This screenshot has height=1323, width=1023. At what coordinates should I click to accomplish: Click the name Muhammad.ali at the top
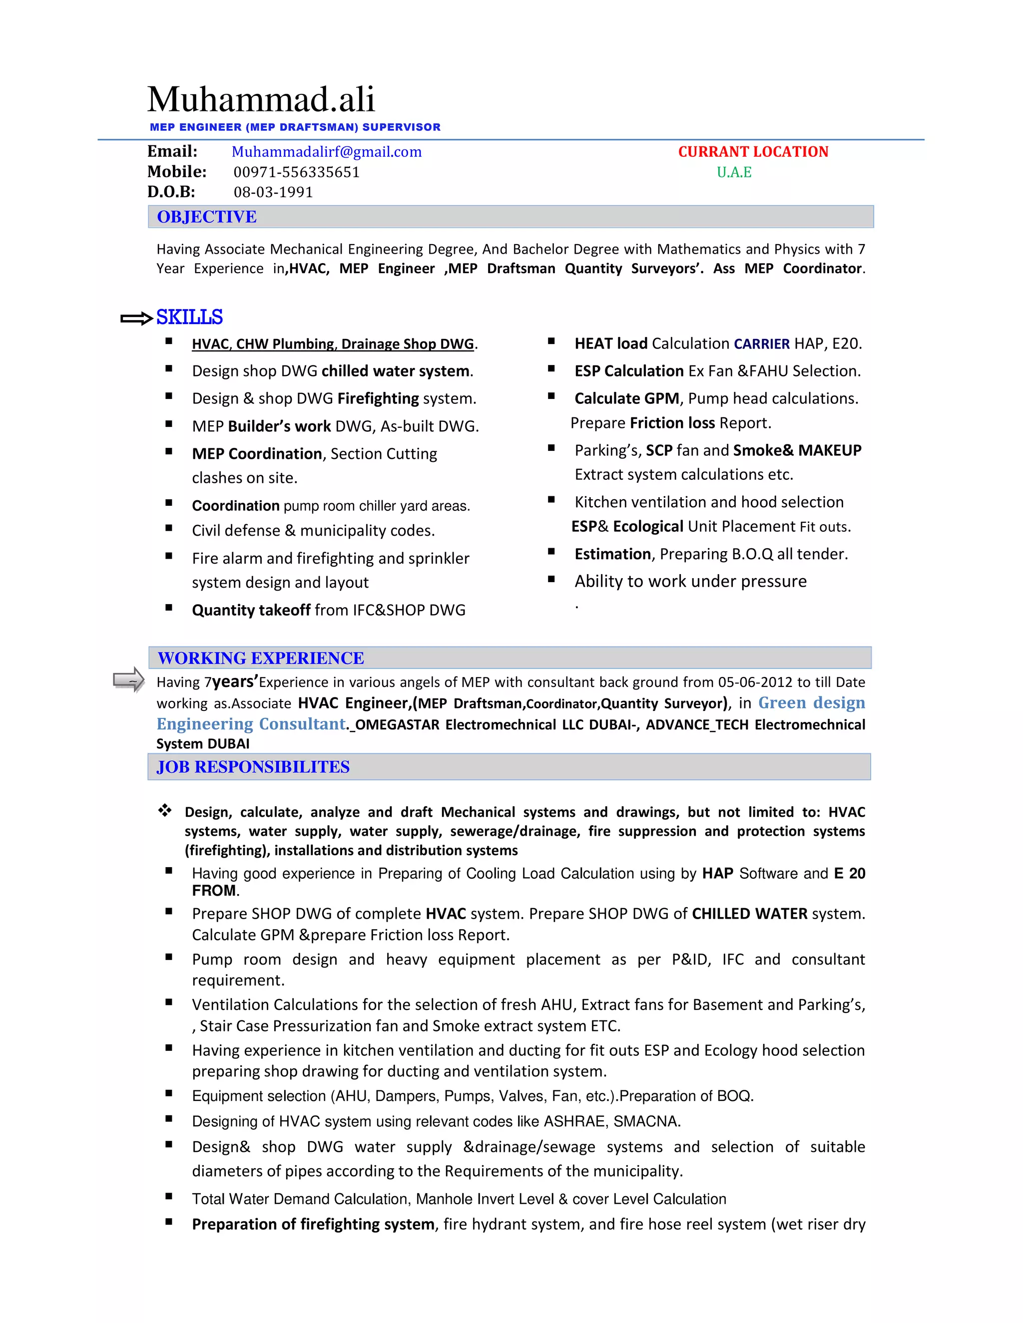(x=261, y=99)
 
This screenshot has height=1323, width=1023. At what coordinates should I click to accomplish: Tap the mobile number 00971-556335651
(x=296, y=172)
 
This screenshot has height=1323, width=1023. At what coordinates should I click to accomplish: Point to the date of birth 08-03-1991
(x=273, y=192)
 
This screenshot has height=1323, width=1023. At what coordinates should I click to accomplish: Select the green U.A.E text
(x=734, y=172)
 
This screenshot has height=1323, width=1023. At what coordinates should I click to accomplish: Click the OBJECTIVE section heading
(x=207, y=217)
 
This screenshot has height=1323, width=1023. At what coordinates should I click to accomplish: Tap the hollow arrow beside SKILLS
(x=136, y=318)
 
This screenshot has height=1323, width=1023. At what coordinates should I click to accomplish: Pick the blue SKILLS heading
(x=190, y=317)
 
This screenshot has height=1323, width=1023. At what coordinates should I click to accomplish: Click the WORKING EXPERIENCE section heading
(x=261, y=658)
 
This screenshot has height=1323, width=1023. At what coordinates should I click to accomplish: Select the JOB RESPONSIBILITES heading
(x=253, y=767)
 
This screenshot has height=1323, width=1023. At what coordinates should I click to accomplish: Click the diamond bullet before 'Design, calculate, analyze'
(x=165, y=810)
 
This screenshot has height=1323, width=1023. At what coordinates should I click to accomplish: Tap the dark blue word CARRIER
(x=762, y=344)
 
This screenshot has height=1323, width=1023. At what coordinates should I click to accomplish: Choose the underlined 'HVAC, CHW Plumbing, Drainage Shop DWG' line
(x=333, y=344)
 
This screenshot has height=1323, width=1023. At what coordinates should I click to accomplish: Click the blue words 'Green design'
(x=812, y=703)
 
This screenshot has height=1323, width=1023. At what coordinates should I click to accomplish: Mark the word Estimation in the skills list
(x=613, y=554)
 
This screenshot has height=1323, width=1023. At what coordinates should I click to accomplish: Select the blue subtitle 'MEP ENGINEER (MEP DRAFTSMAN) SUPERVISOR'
(x=295, y=127)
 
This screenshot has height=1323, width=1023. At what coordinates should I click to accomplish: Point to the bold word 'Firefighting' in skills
(x=378, y=398)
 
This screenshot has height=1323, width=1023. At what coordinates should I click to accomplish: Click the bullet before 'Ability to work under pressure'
(x=551, y=579)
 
